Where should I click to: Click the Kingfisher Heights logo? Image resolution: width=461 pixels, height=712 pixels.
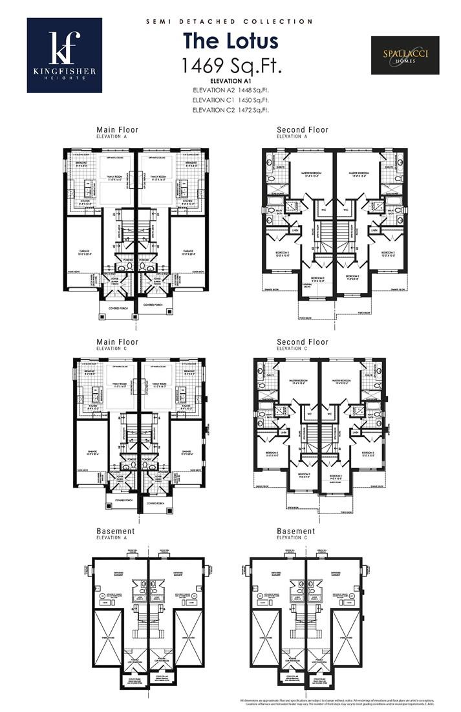click(x=64, y=55)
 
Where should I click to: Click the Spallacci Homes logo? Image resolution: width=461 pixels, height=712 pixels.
click(x=405, y=55)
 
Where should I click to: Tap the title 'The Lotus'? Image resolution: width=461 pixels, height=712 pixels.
click(x=230, y=41)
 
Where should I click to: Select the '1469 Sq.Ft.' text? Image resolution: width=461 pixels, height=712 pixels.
click(x=230, y=65)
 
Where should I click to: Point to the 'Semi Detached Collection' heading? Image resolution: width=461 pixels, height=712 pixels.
click(x=230, y=21)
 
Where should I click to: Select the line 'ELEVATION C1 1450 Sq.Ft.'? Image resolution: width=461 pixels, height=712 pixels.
click(x=230, y=100)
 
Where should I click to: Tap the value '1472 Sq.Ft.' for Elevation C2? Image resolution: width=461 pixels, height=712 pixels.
click(x=253, y=111)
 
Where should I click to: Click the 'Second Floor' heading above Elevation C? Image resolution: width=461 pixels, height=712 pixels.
click(x=303, y=342)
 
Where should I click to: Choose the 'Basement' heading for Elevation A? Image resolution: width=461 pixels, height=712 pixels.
click(x=116, y=531)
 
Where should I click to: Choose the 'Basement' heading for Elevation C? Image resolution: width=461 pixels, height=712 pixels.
click(x=296, y=531)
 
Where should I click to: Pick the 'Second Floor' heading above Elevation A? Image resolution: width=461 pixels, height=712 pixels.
click(x=303, y=130)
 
